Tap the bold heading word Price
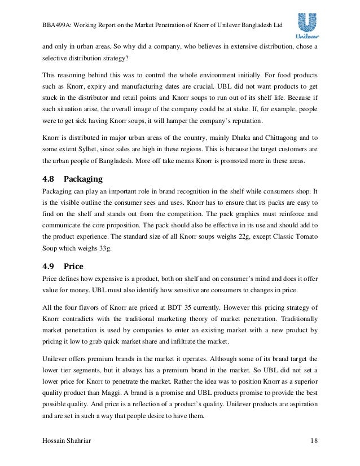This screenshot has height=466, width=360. [x=73, y=266]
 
